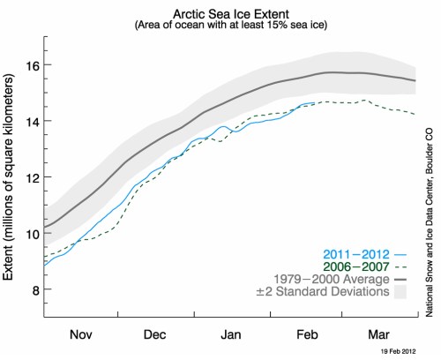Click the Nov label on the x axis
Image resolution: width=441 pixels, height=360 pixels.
click(x=80, y=335)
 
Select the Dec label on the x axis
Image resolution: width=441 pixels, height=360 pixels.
click(x=156, y=335)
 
